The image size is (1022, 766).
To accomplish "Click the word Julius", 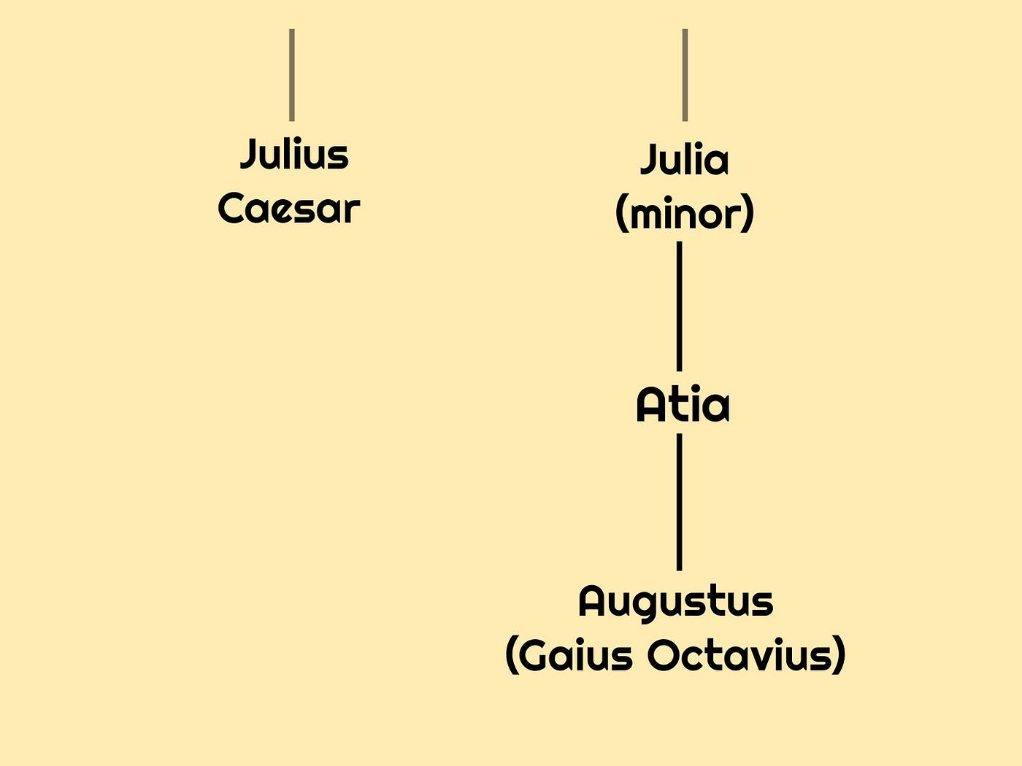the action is [x=294, y=155].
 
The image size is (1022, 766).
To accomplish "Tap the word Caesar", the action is [x=289, y=209].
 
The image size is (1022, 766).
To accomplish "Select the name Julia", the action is [x=684, y=160].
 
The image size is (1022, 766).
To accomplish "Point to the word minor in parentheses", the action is [x=684, y=214].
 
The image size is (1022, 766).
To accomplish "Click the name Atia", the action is [x=683, y=406].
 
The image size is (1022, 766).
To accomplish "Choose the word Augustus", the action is [x=675, y=602].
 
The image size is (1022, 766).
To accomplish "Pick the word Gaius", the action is [x=577, y=655].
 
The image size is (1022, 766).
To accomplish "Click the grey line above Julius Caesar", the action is [x=292, y=74].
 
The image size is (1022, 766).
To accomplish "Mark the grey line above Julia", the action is [x=685, y=74].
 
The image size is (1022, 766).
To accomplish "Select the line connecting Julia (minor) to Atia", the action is [x=680, y=306].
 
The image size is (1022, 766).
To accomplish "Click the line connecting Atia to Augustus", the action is [x=680, y=502].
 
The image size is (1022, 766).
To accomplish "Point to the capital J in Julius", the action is [x=249, y=155].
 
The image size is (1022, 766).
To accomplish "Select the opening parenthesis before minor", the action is [x=621, y=215].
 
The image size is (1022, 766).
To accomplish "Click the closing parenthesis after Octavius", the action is [x=839, y=657].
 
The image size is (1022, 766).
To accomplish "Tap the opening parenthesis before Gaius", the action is [x=512, y=657].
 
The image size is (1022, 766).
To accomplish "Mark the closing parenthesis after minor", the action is [x=748, y=215].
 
